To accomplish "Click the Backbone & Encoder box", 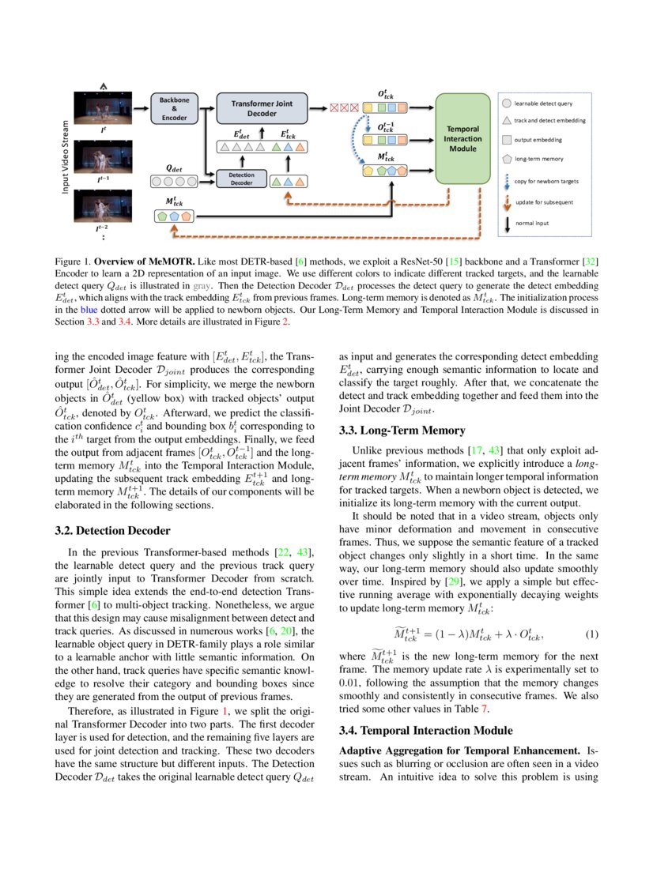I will (x=173, y=108).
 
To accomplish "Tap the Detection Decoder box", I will (x=241, y=178).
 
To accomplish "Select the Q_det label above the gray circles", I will (x=173, y=167).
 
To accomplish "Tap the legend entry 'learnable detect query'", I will (x=543, y=103).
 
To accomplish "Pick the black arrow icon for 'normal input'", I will (x=507, y=223).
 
